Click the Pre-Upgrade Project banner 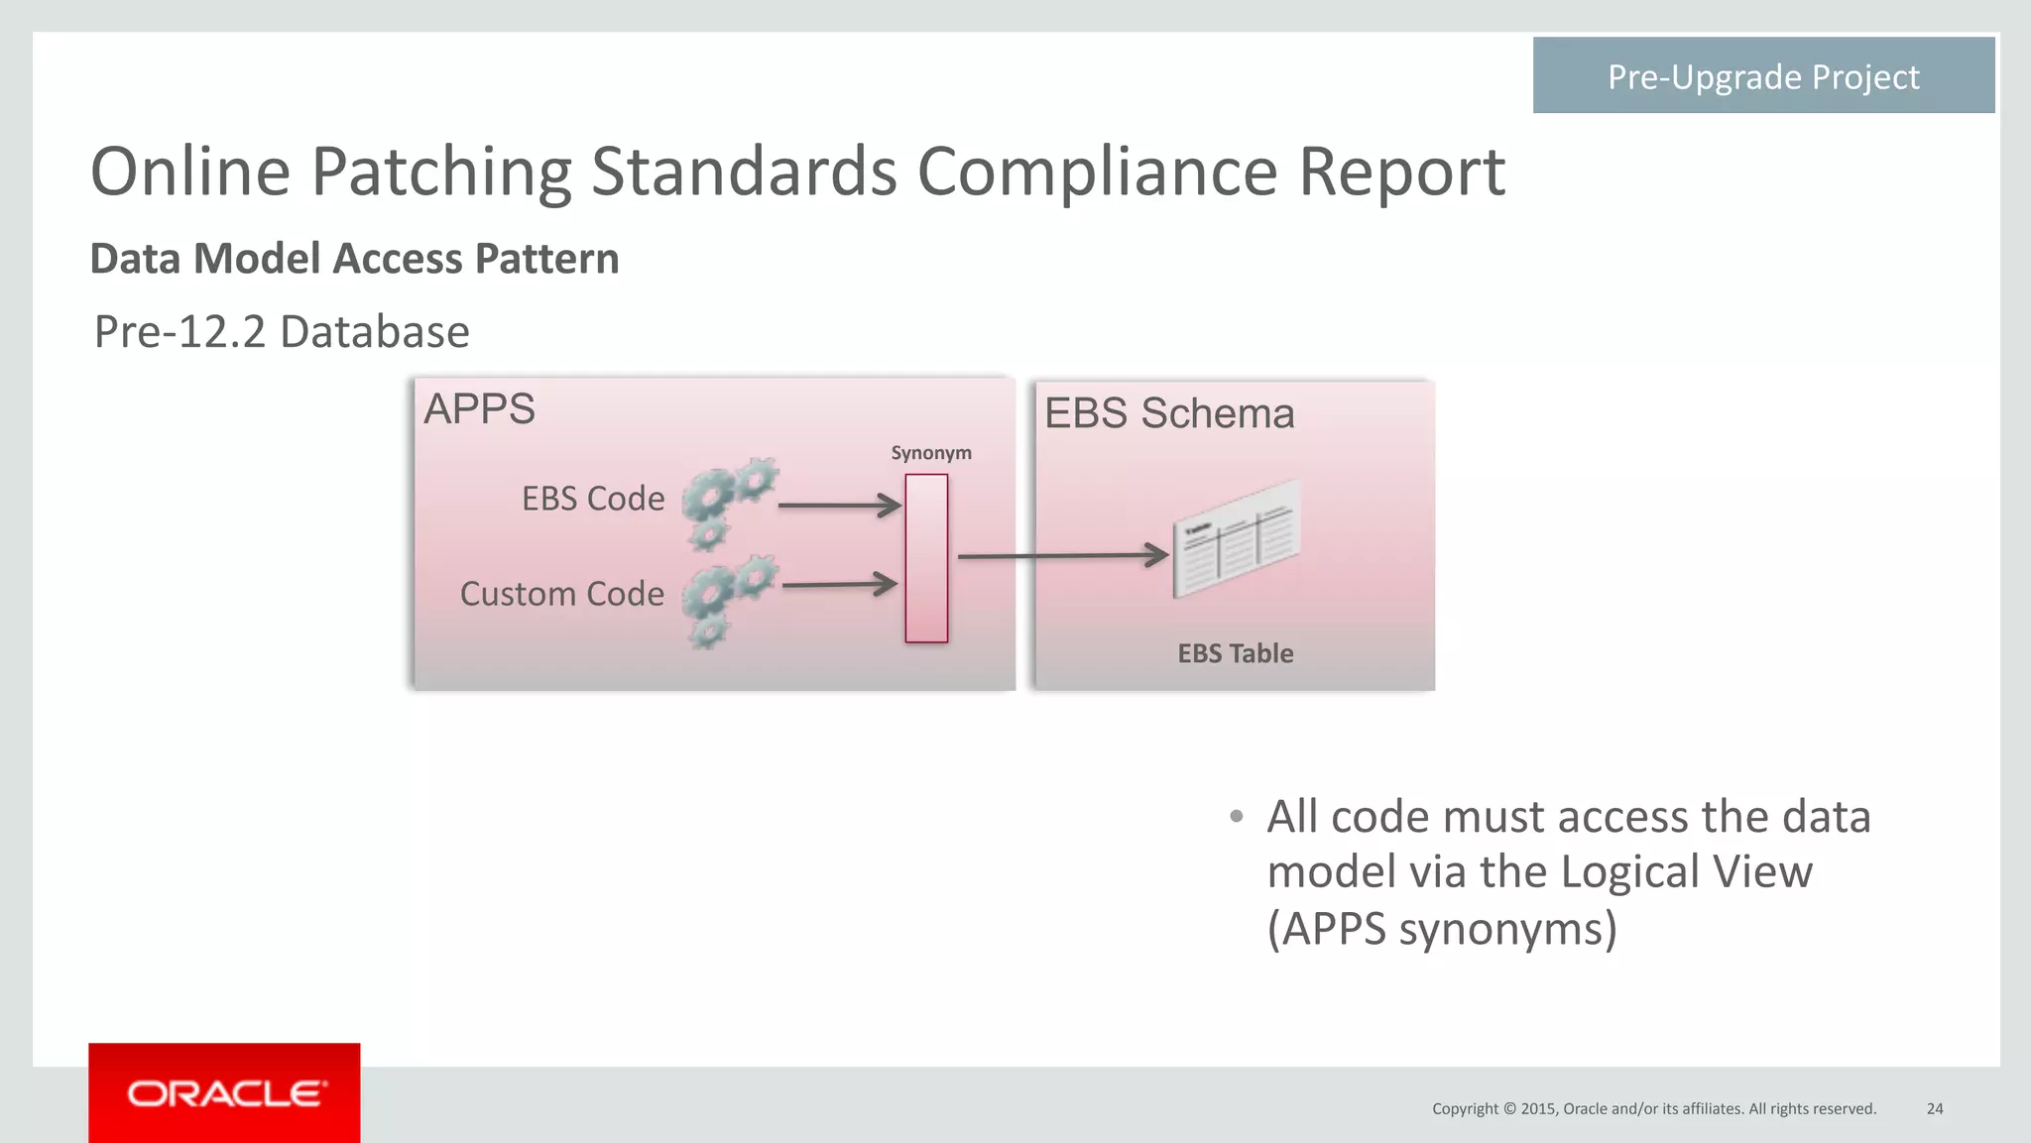tap(1762, 76)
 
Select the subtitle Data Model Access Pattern tap(354, 259)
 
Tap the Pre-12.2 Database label tap(282, 332)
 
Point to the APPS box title tap(479, 409)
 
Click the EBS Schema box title tap(1169, 413)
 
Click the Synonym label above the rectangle tap(930, 453)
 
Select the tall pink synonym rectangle tap(926, 558)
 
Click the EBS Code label tap(593, 499)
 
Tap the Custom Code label tap(561, 594)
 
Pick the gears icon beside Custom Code tap(729, 600)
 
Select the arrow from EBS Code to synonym tap(839, 506)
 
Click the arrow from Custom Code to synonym tap(839, 585)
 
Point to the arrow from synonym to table tap(1061, 555)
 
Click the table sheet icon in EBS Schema tap(1236, 538)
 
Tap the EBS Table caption tap(1235, 653)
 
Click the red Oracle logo tap(224, 1093)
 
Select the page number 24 tap(1934, 1108)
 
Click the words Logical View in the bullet tap(1685, 872)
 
